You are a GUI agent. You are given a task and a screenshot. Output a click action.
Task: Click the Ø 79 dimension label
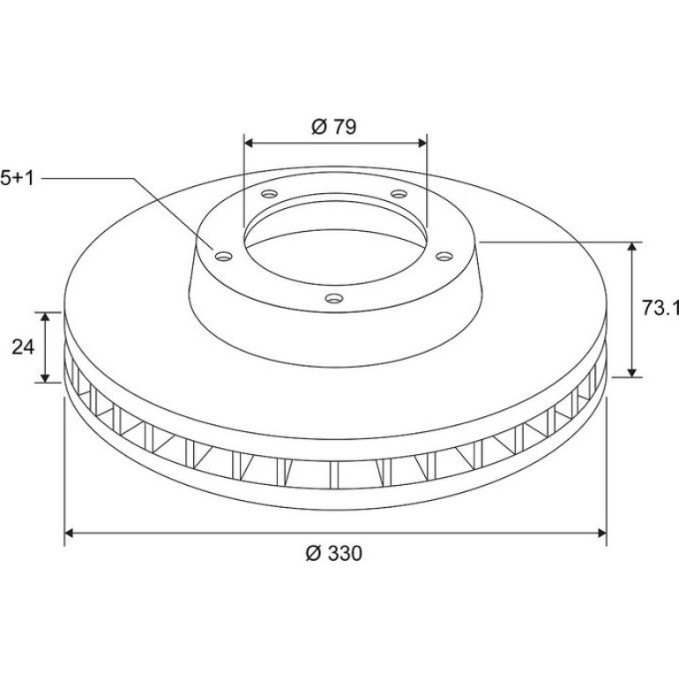(x=333, y=127)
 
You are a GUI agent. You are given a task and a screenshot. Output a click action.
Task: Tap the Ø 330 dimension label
(x=333, y=554)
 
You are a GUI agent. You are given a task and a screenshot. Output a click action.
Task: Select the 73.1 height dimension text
(x=660, y=309)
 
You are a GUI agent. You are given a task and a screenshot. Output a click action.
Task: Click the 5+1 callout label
(x=17, y=178)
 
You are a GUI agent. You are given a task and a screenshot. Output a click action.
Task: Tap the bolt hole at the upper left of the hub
(x=269, y=193)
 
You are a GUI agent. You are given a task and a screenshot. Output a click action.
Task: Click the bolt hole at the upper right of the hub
(x=399, y=193)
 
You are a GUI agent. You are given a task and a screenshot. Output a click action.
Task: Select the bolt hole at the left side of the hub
(x=223, y=257)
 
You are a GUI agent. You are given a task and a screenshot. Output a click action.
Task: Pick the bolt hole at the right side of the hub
(x=444, y=257)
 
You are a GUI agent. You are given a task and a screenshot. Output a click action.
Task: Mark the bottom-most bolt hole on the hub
(x=334, y=298)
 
